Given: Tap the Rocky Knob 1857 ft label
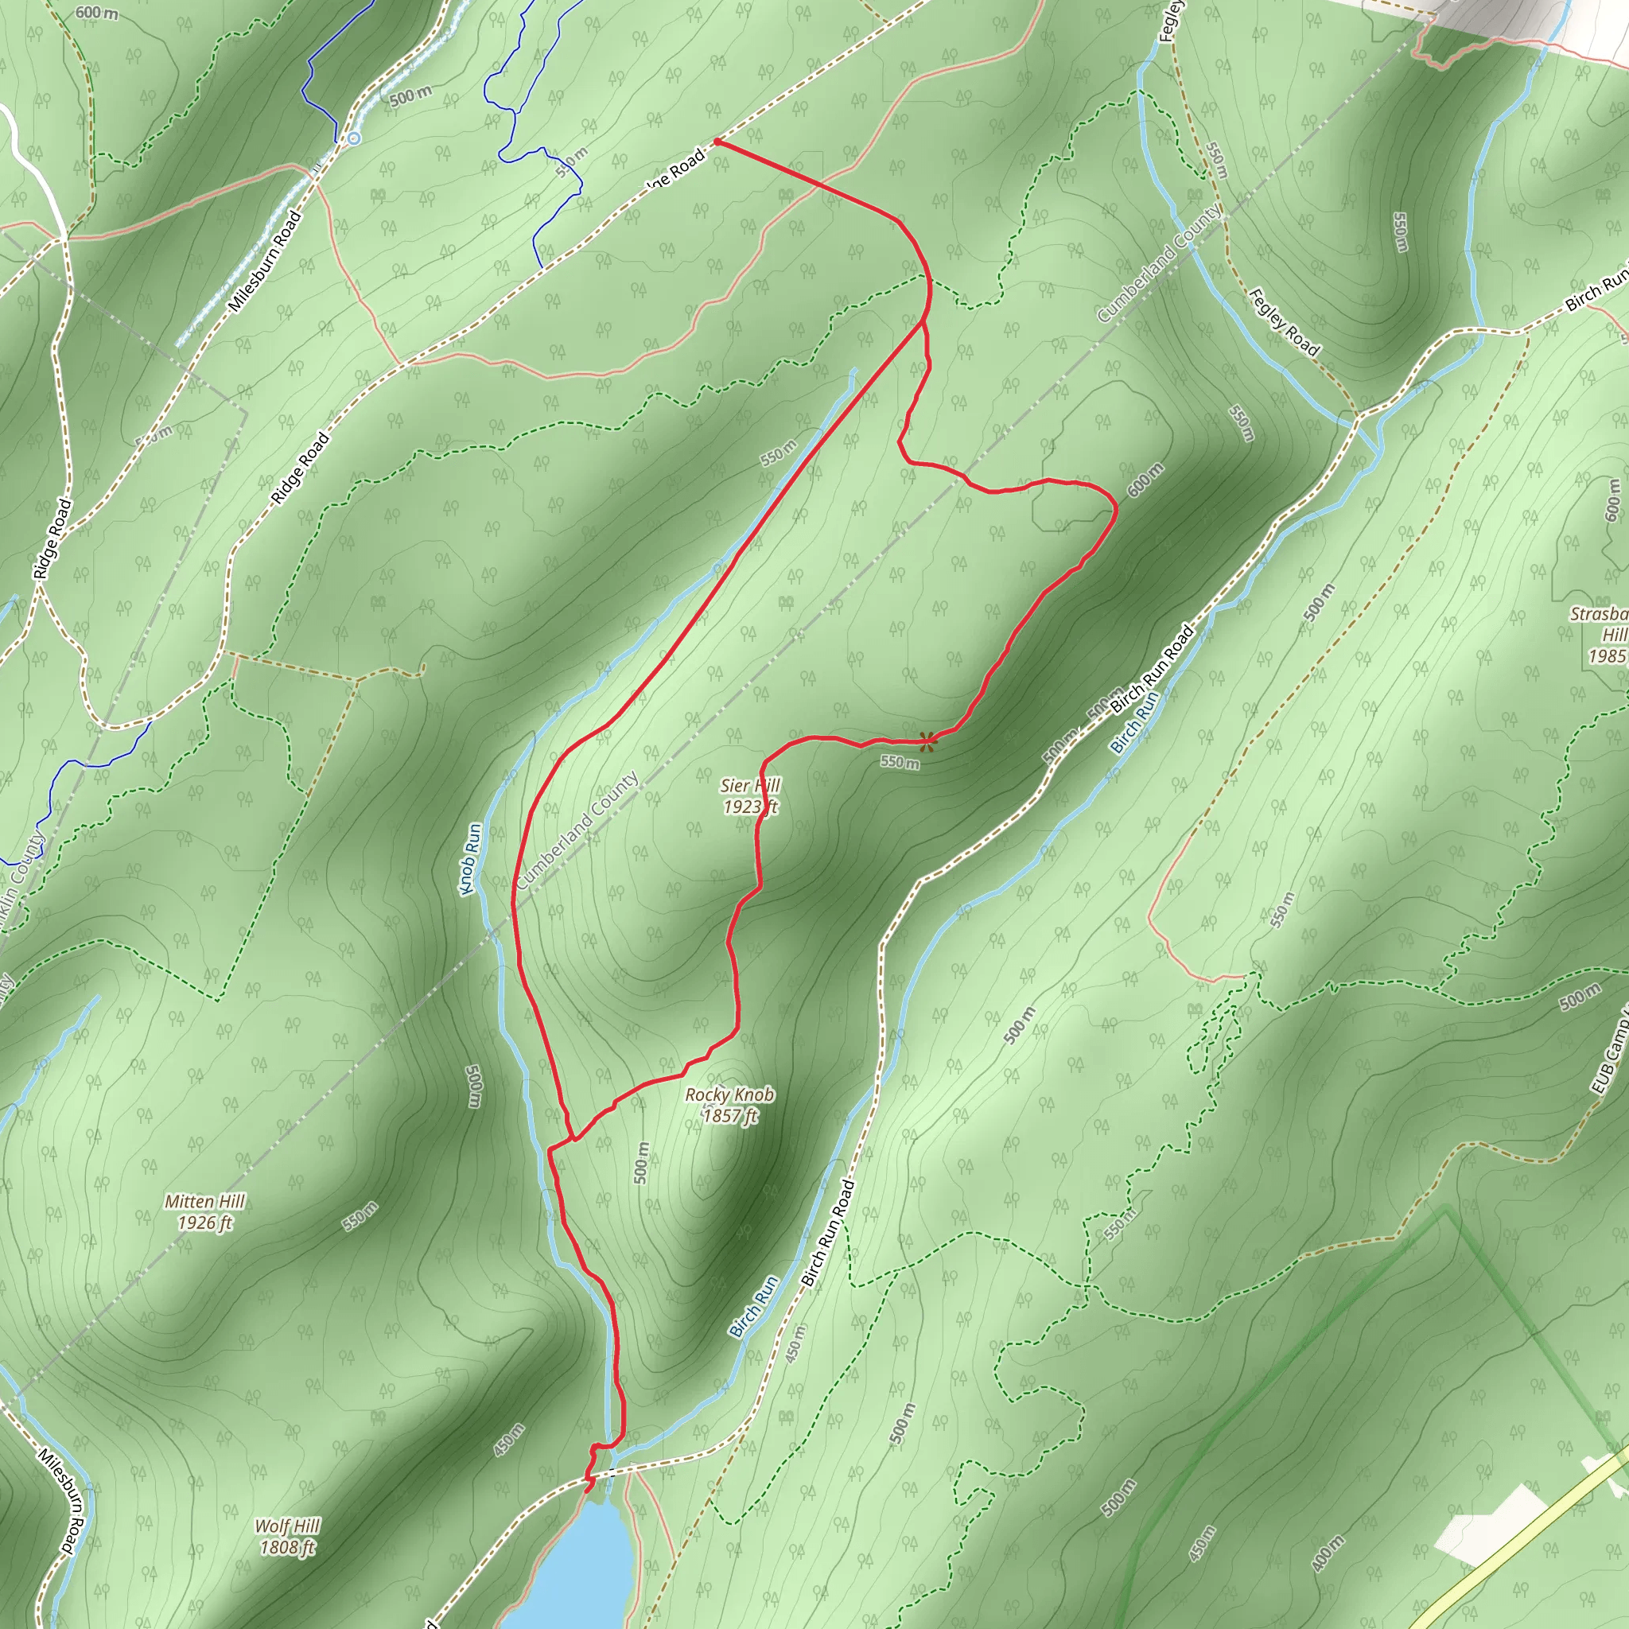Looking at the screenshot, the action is (729, 1105).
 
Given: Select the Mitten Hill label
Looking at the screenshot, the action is (205, 1211).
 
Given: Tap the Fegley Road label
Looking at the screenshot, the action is (1283, 321).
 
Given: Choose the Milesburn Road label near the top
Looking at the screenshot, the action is (265, 262).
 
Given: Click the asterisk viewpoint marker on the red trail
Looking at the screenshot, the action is (927, 742).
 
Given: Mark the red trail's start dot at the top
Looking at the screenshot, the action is (717, 142).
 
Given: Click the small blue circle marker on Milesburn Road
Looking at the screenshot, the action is (354, 138).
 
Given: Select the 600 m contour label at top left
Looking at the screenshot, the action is (96, 14).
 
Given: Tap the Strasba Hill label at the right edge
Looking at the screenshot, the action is (1602, 634).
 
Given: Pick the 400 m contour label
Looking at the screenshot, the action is (1330, 1553).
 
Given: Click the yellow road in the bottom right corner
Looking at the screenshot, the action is (1518, 1551).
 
